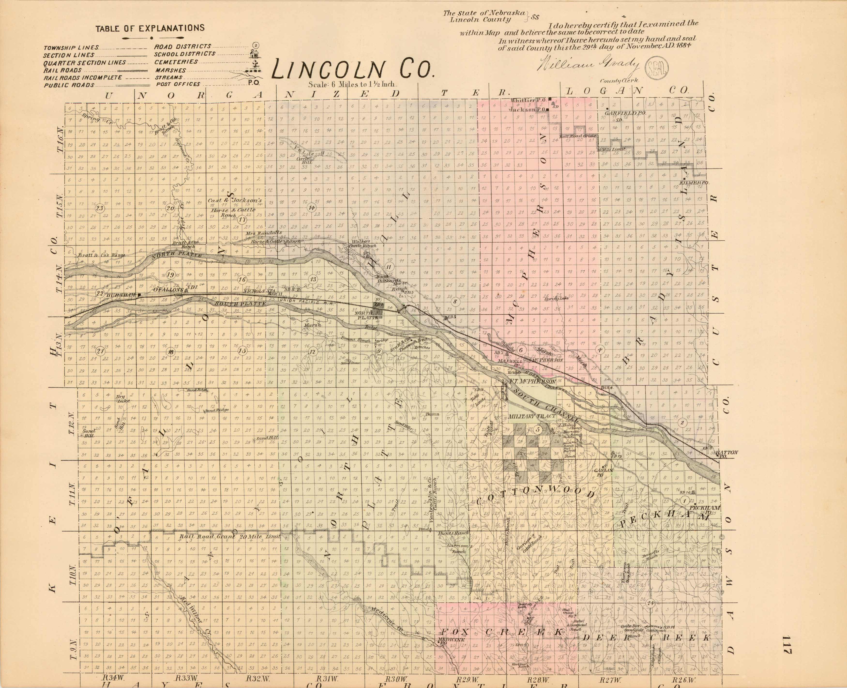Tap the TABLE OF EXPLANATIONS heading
click(150, 28)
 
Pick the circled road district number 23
click(99, 208)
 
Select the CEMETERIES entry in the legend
click(176, 62)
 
